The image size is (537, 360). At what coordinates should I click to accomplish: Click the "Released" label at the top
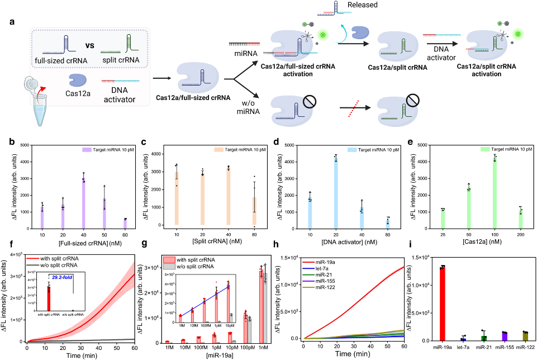coord(377,5)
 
